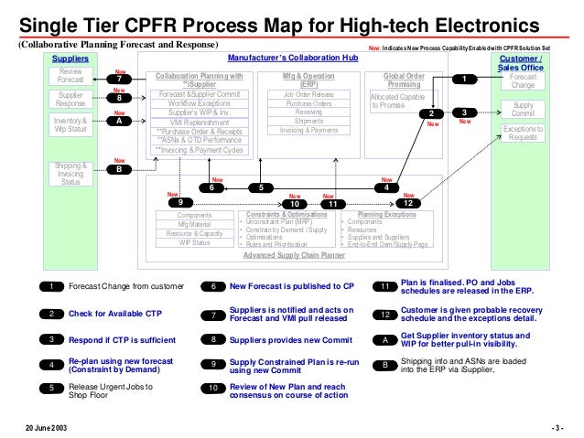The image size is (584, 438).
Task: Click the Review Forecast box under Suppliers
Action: [70, 75]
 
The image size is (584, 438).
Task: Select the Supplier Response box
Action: [70, 99]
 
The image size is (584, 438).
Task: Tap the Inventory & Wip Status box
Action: [70, 123]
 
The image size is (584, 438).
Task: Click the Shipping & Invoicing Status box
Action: [70, 174]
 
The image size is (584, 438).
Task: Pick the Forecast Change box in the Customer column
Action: [523, 81]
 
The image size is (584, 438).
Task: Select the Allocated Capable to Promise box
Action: [399, 101]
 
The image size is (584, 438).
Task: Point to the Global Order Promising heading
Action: [404, 80]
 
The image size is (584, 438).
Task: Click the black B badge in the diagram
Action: [119, 168]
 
